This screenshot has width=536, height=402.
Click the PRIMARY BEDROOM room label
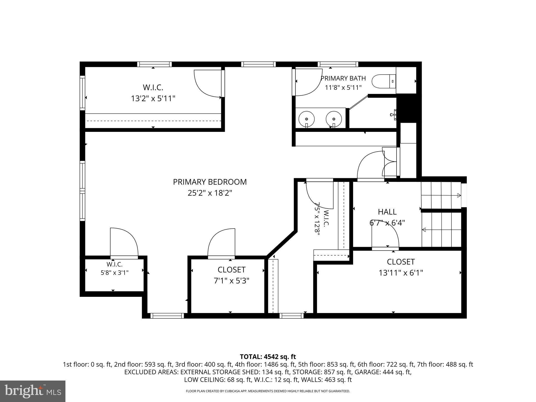pyautogui.click(x=210, y=182)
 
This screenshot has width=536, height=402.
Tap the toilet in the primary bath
pyautogui.click(x=384, y=81)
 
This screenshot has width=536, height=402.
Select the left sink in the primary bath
pyautogui.click(x=306, y=119)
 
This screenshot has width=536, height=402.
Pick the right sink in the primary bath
pyautogui.click(x=334, y=119)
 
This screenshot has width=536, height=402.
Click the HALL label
pyautogui.click(x=387, y=211)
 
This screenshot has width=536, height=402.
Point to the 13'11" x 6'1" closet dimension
pyautogui.click(x=401, y=273)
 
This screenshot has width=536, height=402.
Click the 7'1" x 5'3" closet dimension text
pyautogui.click(x=231, y=281)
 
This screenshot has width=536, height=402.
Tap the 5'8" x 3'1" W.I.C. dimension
pyautogui.click(x=115, y=273)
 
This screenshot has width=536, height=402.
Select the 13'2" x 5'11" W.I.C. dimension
pyautogui.click(x=153, y=99)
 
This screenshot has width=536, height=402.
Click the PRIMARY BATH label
pyautogui.click(x=343, y=78)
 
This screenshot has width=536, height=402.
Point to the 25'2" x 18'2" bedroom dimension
pyautogui.click(x=210, y=193)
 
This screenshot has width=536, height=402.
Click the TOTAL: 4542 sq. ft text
pyautogui.click(x=268, y=357)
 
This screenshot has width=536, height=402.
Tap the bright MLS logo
pyautogui.click(x=33, y=391)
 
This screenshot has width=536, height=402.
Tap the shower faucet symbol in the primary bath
pyautogui.click(x=393, y=115)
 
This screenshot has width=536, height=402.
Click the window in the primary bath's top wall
pyautogui.click(x=338, y=64)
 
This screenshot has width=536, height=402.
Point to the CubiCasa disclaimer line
pyautogui.click(x=268, y=391)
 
